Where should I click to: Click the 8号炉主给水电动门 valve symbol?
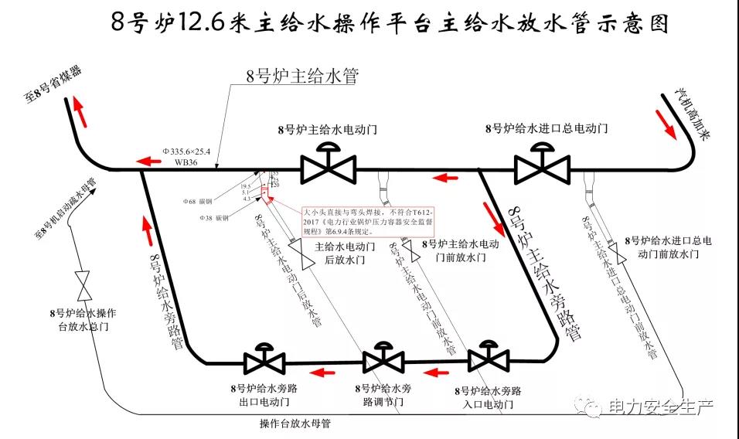click(329, 165)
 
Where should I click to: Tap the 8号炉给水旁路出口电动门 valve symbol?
click(264, 361)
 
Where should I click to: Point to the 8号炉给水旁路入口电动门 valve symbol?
click(488, 359)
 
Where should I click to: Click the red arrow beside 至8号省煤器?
click(80, 113)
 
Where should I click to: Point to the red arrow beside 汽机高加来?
click(666, 121)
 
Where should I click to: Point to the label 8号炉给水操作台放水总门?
click(83, 320)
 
